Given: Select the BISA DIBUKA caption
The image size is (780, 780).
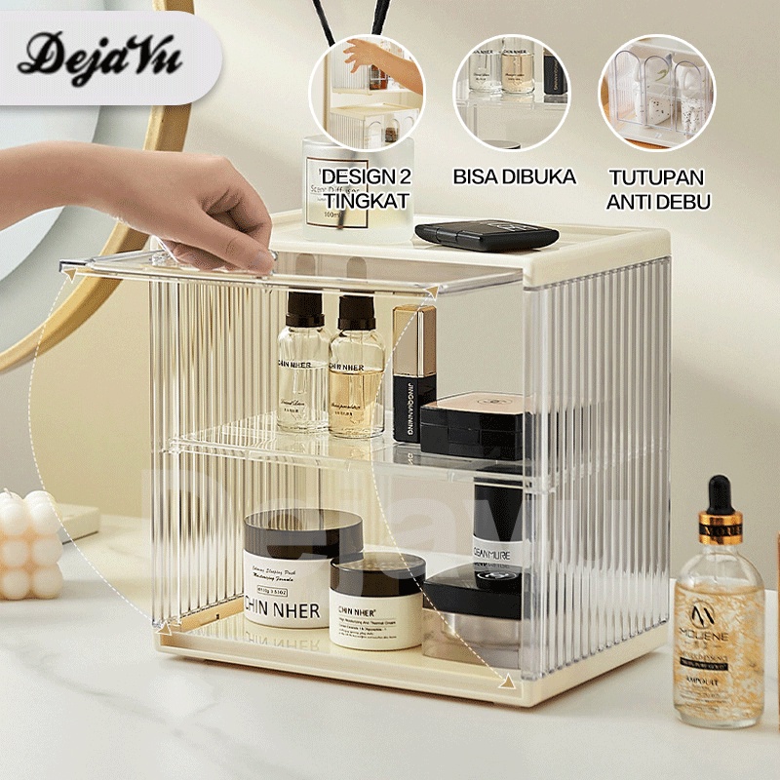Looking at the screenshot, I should [x=514, y=177].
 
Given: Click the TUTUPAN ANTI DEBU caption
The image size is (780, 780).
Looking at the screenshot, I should [x=658, y=189].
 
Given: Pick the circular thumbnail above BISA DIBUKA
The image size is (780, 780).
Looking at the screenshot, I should [x=510, y=92].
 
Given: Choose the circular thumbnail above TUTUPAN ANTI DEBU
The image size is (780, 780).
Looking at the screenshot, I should [x=656, y=92].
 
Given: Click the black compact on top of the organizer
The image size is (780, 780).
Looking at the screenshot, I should [x=486, y=235].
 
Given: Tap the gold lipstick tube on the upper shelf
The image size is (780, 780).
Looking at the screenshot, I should [x=413, y=370].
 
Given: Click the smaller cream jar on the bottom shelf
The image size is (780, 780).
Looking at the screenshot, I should [x=376, y=601].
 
